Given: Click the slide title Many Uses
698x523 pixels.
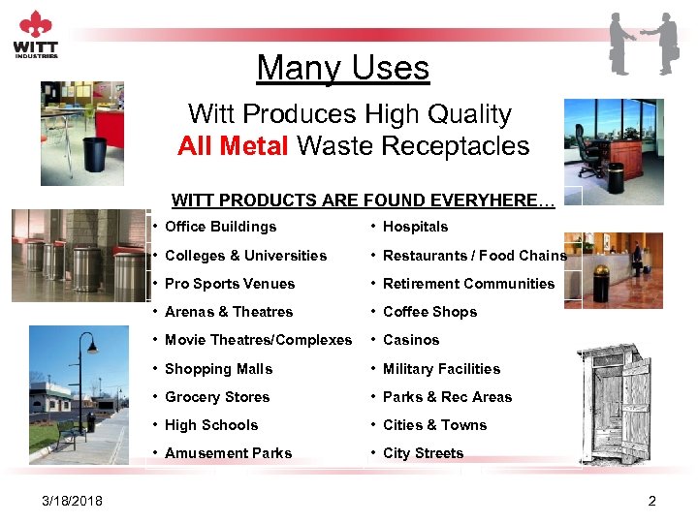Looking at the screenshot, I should click(342, 68).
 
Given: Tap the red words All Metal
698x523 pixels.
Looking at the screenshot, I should click(234, 146).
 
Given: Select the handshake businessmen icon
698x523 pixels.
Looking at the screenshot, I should click(644, 44).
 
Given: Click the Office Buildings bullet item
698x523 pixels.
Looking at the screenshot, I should click(220, 227).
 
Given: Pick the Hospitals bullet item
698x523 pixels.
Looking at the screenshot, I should click(415, 227).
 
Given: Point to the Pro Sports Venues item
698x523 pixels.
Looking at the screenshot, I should click(229, 284).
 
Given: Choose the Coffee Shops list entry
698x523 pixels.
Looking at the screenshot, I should click(429, 312).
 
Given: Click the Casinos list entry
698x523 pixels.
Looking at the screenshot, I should click(411, 340).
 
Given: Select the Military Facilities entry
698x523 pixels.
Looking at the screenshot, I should click(441, 369).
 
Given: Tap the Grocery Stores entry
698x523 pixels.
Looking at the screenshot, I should click(217, 397).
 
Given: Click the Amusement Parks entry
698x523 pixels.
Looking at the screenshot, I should click(228, 453).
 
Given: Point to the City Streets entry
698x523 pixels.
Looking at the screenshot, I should click(423, 453).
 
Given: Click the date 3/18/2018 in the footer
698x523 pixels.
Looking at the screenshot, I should click(73, 500).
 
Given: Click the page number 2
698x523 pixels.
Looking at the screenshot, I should click(651, 500).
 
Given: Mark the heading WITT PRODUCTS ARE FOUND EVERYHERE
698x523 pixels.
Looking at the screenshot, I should click(363, 200).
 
